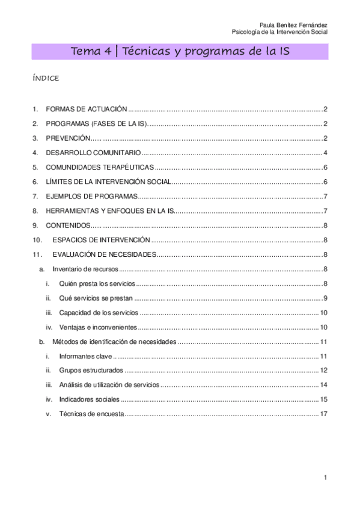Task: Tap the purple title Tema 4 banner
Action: point(180,52)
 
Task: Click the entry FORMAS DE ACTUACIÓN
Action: point(87,109)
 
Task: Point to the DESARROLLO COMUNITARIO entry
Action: point(93,153)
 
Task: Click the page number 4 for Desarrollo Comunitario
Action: point(325,153)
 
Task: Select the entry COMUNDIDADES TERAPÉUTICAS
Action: point(100,167)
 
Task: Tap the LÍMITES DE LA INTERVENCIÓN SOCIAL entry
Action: point(109,182)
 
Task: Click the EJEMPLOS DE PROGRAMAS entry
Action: point(92,196)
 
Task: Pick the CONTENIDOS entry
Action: point(68,225)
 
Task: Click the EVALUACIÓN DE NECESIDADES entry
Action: point(104,254)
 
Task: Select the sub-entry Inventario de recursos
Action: point(85,269)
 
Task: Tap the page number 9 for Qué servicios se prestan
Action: point(325,298)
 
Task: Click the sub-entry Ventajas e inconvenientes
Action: point(98,327)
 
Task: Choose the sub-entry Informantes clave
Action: point(86,356)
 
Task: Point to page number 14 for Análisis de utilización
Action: point(323,384)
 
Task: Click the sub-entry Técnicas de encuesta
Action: point(91,414)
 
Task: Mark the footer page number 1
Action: point(325,478)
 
